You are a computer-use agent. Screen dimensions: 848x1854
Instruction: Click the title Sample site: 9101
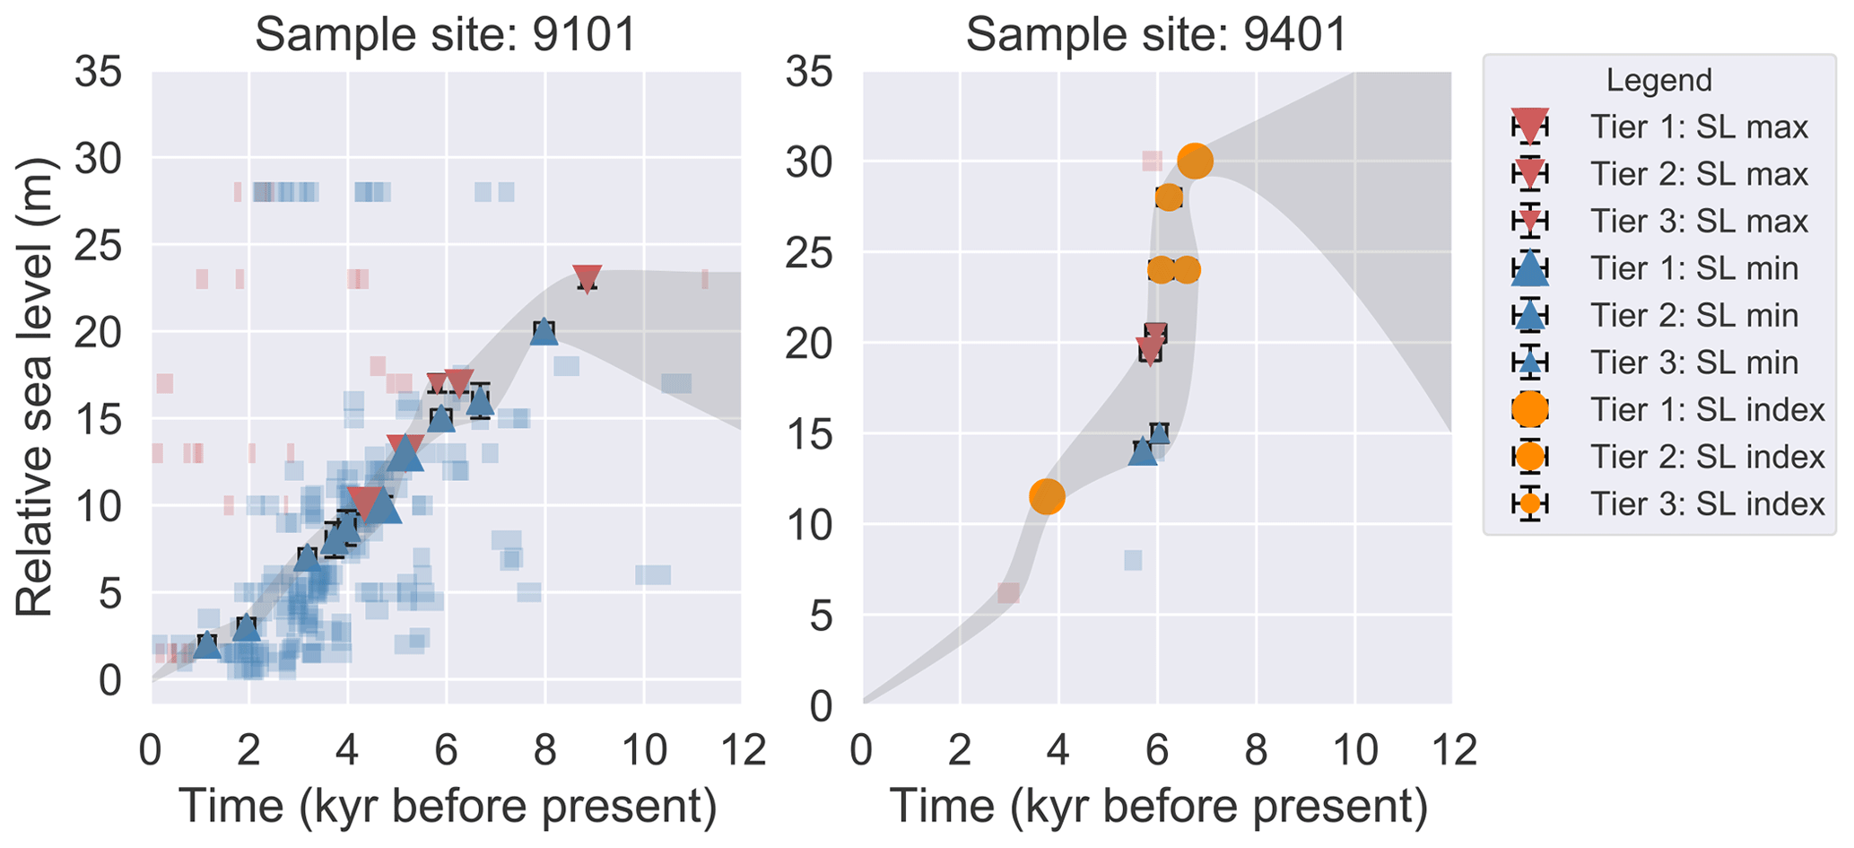coord(446,36)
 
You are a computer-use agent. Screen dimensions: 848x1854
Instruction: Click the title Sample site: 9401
coord(1156,36)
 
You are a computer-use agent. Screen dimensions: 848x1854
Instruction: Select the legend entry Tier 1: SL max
coord(1699,127)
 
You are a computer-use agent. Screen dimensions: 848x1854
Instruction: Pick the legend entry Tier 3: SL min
coord(1693,363)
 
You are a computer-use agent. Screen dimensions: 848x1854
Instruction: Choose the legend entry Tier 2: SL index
coord(1707,457)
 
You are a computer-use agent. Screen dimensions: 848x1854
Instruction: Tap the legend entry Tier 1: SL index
coord(1707,410)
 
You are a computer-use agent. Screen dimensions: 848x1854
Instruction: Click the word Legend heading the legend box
coord(1658,81)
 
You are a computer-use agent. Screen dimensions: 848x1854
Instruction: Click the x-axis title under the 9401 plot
coord(1158,807)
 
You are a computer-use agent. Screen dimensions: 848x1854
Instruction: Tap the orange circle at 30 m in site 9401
coord(1195,162)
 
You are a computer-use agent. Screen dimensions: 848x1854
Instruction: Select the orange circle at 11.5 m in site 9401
coord(1047,495)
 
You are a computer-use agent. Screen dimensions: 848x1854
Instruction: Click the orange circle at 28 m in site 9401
coord(1168,197)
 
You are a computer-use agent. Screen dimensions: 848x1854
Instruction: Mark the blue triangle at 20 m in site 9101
coord(544,332)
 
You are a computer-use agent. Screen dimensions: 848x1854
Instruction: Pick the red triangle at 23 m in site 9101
coord(587,278)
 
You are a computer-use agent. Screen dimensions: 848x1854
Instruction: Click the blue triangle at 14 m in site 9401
coord(1142,451)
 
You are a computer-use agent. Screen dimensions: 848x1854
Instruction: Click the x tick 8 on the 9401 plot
coord(1256,749)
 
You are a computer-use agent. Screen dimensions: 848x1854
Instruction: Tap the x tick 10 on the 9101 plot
coord(643,749)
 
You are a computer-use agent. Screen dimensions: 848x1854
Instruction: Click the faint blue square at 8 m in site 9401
coord(1133,560)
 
